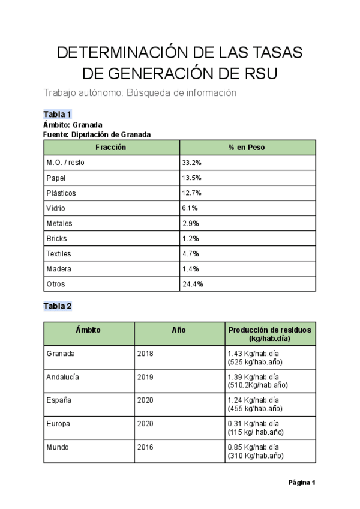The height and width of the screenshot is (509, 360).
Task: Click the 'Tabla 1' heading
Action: [x=58, y=114]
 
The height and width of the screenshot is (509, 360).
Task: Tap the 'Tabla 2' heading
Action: [x=58, y=306]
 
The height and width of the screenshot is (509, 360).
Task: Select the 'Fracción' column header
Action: [x=111, y=148]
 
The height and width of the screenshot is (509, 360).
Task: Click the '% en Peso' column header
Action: [x=247, y=148]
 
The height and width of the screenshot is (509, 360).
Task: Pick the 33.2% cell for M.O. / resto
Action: [x=191, y=163]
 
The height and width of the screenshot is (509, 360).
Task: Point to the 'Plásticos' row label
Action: [x=61, y=193]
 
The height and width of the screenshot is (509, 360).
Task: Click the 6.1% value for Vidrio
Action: [x=190, y=208]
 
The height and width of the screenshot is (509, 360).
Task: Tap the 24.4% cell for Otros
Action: [x=192, y=284]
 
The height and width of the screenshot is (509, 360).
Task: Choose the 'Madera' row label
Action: [x=59, y=269]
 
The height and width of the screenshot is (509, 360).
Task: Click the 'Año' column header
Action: [x=179, y=330]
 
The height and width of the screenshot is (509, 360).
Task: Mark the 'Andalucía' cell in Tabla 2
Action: [x=62, y=377]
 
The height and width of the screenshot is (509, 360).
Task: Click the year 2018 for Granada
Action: [x=145, y=354]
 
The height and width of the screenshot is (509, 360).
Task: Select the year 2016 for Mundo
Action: [x=145, y=447]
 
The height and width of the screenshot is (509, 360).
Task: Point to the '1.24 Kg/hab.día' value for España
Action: [x=253, y=400]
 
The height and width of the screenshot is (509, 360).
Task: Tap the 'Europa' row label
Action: [x=58, y=424]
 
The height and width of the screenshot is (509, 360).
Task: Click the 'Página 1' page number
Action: [x=301, y=482]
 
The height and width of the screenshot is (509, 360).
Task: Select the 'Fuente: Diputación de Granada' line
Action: [x=97, y=134]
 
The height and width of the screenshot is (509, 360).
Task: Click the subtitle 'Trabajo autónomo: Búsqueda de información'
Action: [x=140, y=93]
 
